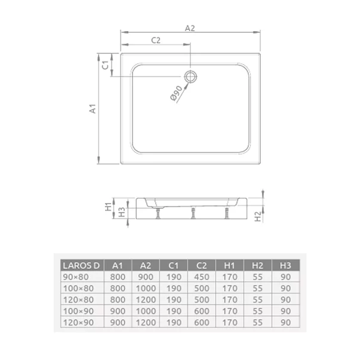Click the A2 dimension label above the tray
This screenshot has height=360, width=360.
click(x=190, y=28)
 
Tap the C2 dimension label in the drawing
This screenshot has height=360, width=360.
click(x=156, y=41)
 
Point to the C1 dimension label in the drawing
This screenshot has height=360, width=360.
click(x=104, y=65)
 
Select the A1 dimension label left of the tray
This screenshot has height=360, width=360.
click(x=93, y=109)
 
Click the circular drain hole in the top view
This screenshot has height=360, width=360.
click(x=190, y=76)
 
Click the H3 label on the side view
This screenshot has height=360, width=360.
click(x=121, y=212)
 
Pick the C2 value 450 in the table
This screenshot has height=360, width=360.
click(x=202, y=277)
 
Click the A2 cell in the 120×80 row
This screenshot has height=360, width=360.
click(x=146, y=300)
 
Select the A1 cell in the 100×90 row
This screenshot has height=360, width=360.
click(x=118, y=311)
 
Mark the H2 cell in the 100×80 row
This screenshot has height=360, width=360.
click(x=258, y=288)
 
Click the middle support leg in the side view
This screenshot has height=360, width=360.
click(x=193, y=213)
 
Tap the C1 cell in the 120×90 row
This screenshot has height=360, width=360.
click(x=174, y=322)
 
